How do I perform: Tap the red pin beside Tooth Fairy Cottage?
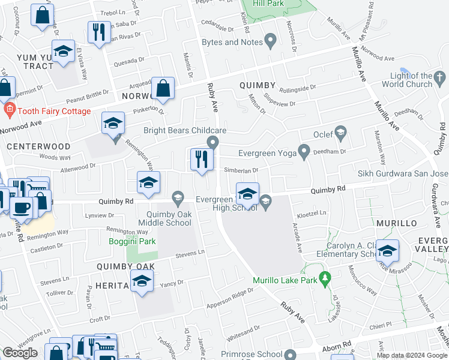(x=8, y=110)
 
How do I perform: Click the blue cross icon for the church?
(x=439, y=77)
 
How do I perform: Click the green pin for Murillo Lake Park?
(x=325, y=278)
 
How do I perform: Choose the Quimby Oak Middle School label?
(x=164, y=218)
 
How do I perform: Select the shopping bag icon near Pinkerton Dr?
(x=163, y=89)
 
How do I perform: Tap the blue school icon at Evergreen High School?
(x=247, y=194)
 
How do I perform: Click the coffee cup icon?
(x=22, y=208)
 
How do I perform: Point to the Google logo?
(x=20, y=353)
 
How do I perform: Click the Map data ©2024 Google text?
(x=412, y=355)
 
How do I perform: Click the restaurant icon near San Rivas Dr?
(x=98, y=31)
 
